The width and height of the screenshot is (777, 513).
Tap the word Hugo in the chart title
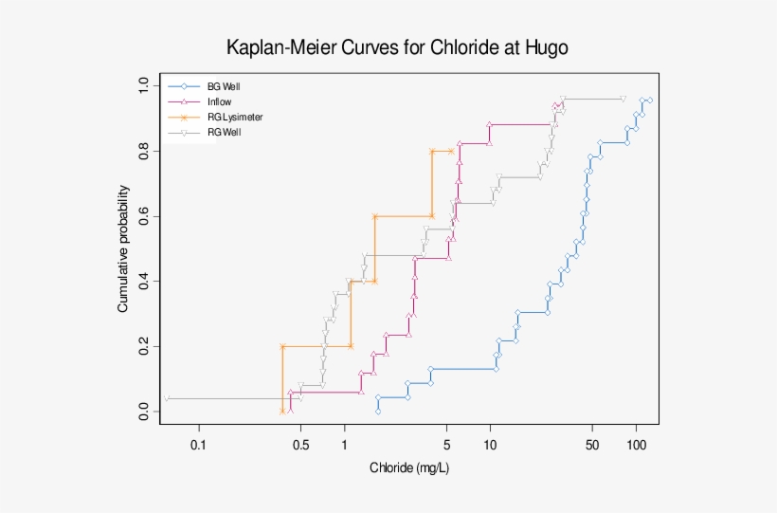545,47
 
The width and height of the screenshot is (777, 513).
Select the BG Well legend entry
224,86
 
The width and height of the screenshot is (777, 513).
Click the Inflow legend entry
219,101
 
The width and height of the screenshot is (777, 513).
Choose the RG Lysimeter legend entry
235,117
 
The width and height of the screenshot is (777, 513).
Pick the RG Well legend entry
224,132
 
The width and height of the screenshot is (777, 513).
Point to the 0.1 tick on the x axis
198,444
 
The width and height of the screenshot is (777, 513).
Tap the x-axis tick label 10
490,444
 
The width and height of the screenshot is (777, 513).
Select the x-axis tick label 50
591,444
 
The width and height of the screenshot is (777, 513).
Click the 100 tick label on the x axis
636,444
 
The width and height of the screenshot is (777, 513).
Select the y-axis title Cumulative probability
123,249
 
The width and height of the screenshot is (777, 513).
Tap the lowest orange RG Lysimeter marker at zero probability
282,411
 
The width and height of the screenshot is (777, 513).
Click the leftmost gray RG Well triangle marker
167,399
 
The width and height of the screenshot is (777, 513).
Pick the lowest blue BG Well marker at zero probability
378,412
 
